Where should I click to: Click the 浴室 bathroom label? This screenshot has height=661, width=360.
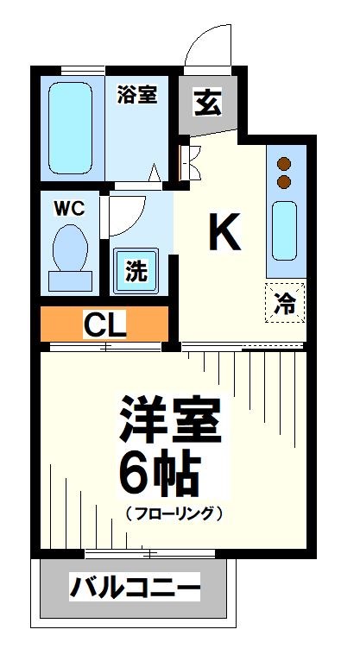[x=137, y=95]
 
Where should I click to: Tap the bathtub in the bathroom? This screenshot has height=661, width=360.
[x=69, y=128]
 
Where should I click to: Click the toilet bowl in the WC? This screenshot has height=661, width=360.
[x=68, y=246]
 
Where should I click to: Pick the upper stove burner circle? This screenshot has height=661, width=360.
[x=284, y=164]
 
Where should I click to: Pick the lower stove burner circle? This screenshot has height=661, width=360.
[x=284, y=182]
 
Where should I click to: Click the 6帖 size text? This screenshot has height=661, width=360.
[x=160, y=471]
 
